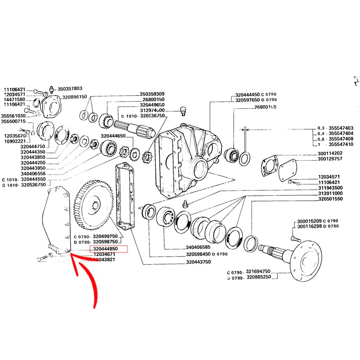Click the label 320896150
tap(75, 97)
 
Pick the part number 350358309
tap(152, 94)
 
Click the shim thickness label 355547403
tap(341, 128)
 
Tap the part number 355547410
tap(341, 144)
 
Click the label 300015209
tap(310, 221)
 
